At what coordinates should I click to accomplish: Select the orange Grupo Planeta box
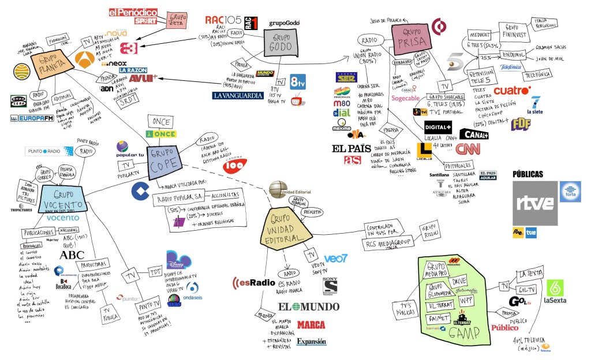click(x=50, y=59)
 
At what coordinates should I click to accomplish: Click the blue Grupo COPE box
click(x=166, y=155)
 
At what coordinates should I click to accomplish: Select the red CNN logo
click(x=467, y=149)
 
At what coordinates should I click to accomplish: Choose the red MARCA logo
click(x=311, y=325)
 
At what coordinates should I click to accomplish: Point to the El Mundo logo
click(x=309, y=307)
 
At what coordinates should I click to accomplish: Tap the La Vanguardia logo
click(x=238, y=96)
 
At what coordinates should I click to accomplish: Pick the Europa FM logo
click(x=32, y=118)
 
